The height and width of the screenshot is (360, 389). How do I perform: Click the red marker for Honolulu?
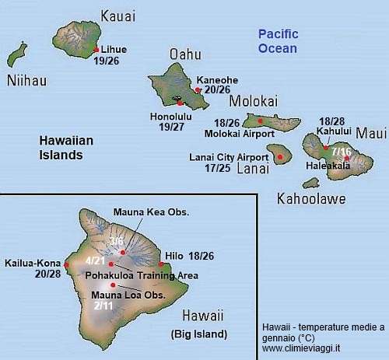(x=180, y=103)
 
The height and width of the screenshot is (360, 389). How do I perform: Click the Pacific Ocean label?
(x=277, y=40)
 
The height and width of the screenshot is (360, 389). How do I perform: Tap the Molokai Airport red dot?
(x=260, y=121)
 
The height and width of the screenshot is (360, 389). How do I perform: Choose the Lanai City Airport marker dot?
(x=280, y=156)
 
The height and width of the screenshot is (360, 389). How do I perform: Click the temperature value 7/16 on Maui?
(x=341, y=151)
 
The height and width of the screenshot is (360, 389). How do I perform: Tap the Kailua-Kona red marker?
(x=67, y=264)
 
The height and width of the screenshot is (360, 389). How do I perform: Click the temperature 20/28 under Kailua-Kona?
(x=49, y=273)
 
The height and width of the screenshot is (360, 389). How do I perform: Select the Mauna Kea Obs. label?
(x=152, y=211)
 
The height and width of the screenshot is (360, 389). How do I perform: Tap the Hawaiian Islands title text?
(x=61, y=148)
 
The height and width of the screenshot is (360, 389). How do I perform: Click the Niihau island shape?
(x=17, y=57)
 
